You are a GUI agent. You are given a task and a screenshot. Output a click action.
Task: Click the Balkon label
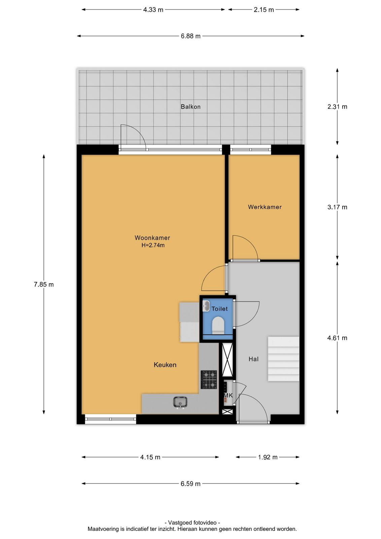(190, 106)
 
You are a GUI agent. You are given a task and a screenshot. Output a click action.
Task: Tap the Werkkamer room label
(265, 207)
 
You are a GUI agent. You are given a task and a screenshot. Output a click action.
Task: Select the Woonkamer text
(152, 238)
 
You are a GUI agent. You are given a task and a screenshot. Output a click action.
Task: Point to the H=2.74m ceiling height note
(153, 245)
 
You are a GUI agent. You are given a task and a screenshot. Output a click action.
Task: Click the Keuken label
(165, 365)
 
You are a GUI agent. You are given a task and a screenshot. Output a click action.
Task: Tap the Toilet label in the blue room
(219, 309)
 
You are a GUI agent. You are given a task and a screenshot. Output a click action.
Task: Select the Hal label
(253, 359)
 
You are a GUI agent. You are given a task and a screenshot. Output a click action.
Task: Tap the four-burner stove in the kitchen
(209, 379)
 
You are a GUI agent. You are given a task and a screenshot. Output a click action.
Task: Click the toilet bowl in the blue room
(218, 325)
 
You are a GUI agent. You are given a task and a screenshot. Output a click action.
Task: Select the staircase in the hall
(284, 359)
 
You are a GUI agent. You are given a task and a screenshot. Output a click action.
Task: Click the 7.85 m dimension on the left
(44, 284)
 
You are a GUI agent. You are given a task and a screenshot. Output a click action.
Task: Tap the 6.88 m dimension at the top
(190, 36)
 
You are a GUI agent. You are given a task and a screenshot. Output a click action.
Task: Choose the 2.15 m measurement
(264, 10)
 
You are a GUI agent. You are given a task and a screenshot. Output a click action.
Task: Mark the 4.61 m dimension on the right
(337, 338)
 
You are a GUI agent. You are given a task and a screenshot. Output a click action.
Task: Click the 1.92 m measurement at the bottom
(268, 457)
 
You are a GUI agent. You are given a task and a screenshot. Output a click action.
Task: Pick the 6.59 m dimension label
(190, 483)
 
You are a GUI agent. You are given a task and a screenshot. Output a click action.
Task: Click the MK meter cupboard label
(228, 395)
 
